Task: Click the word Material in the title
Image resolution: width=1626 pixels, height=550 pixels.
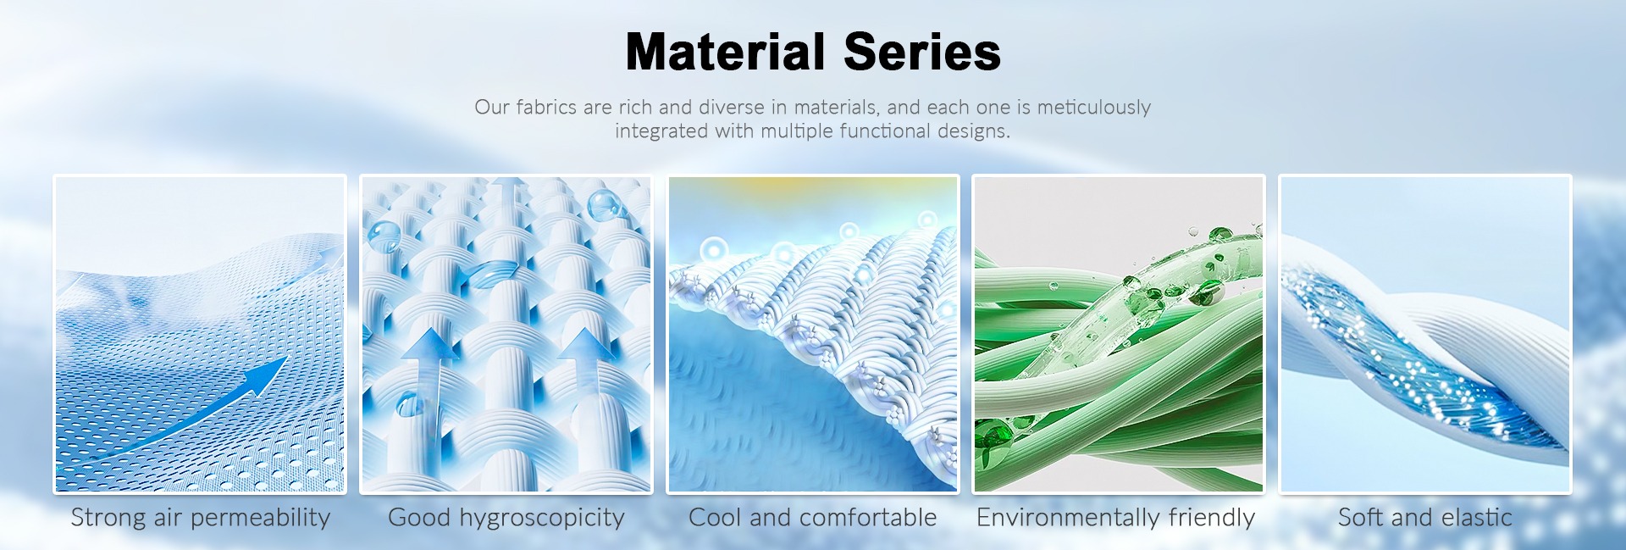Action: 725,52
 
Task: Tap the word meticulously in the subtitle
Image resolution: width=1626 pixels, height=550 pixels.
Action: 1094,108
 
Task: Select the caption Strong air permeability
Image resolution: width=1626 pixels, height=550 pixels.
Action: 201,518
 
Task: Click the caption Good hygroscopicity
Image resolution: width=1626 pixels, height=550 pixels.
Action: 506,518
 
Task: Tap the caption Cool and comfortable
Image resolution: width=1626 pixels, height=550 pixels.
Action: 813,517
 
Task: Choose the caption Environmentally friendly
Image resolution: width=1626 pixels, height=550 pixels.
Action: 1116,518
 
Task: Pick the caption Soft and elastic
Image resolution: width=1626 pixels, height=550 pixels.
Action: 1425,517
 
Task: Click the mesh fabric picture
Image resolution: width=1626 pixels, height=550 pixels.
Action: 200,334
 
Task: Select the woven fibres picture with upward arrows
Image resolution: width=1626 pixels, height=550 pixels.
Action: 506,334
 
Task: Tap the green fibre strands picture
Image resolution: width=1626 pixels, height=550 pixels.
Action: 1118,334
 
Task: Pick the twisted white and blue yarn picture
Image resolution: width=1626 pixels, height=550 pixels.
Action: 1425,334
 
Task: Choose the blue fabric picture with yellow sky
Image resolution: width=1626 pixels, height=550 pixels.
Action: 813,334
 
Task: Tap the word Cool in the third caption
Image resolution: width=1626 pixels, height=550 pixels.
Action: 716,517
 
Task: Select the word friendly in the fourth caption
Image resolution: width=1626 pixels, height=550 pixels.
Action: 1212,518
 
